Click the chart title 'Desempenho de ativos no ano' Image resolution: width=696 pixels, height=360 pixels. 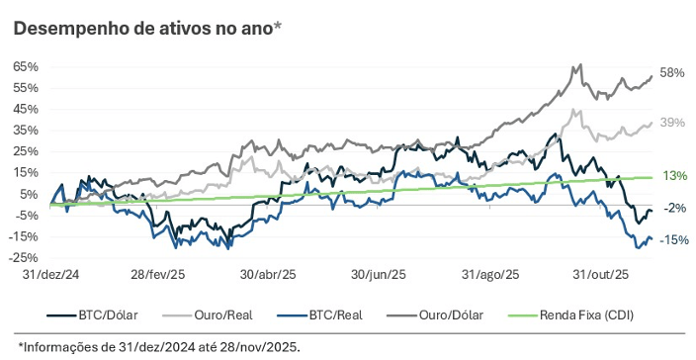pos(146,29)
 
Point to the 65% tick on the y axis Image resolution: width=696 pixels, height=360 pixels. pos(26,66)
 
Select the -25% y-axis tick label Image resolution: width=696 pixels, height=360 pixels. pos(24,258)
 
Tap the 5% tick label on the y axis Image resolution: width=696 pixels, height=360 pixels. pos(29,194)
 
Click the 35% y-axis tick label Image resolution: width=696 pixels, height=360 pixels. pos(26,130)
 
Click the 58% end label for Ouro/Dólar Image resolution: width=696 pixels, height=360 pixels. pos(672,73)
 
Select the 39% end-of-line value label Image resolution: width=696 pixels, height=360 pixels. pos(672,122)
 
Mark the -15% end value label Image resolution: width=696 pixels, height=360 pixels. pos(674,240)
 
